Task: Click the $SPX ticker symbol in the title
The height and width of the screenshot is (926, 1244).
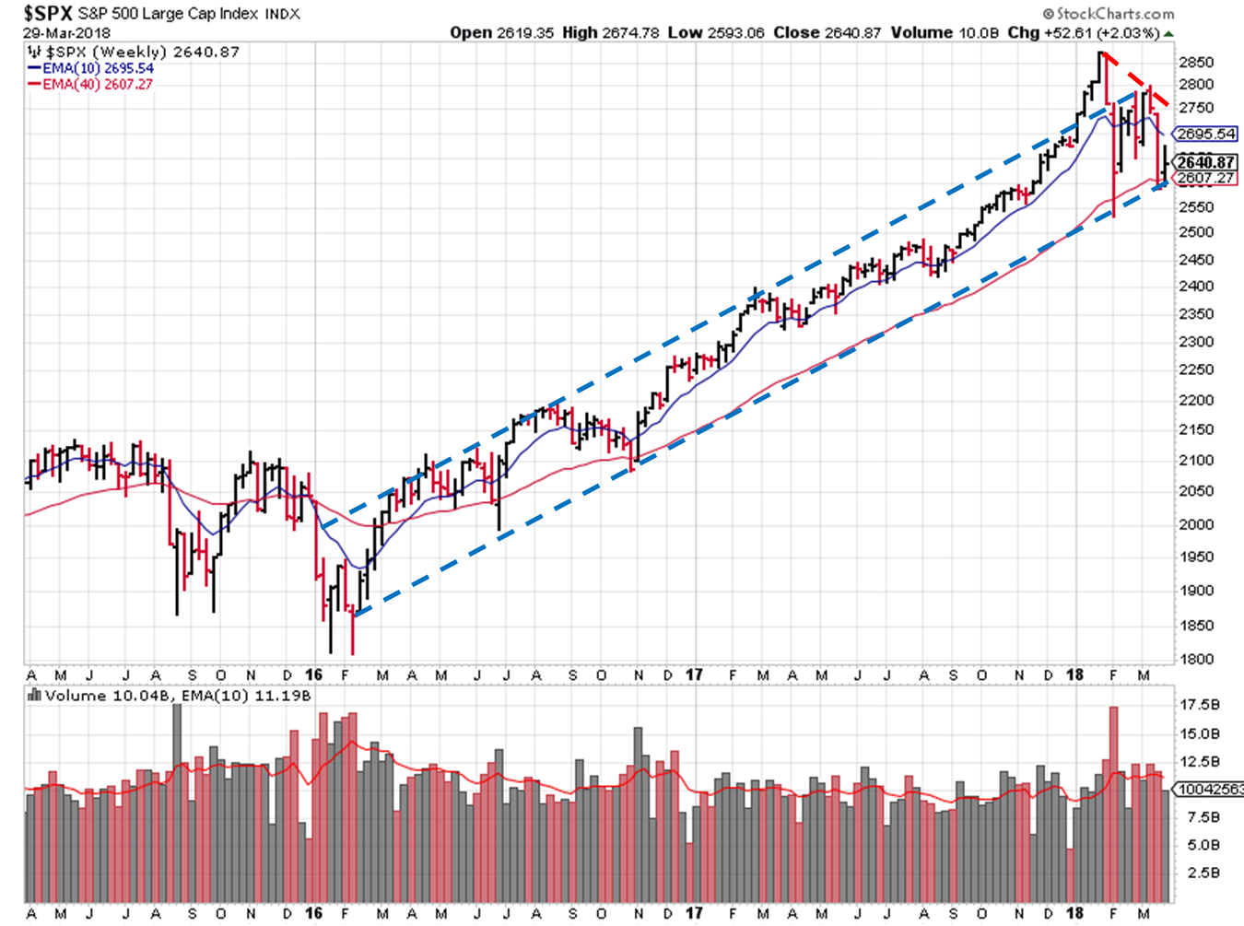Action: tap(47, 13)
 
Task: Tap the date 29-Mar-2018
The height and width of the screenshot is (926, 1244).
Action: tap(65, 32)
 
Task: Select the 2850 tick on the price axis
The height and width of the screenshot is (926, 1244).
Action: tap(1196, 63)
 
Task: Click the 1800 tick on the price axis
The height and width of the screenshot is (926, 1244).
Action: tap(1196, 660)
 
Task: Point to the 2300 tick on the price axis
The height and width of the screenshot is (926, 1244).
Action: tap(1196, 342)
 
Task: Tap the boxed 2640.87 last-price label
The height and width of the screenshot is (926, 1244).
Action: tap(1206, 163)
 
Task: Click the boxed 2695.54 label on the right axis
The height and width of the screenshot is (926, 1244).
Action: tap(1206, 135)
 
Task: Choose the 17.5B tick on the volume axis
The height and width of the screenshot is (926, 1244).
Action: tap(1201, 705)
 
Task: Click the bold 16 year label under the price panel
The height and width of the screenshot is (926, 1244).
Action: tap(314, 675)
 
